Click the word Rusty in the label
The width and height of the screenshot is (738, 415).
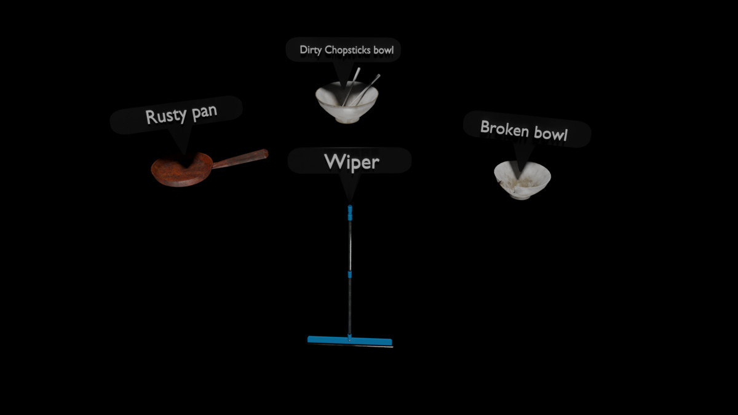(164, 116)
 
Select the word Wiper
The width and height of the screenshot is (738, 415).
(351, 162)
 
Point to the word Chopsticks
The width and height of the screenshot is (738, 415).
(348, 50)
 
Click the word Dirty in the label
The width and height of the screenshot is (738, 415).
(311, 50)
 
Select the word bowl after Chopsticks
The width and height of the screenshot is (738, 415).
(383, 50)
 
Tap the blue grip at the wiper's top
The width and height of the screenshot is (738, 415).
(350, 213)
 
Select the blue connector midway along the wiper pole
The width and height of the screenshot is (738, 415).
(349, 274)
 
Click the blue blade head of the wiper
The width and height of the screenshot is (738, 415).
(349, 341)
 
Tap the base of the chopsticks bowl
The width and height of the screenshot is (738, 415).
(347, 119)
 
